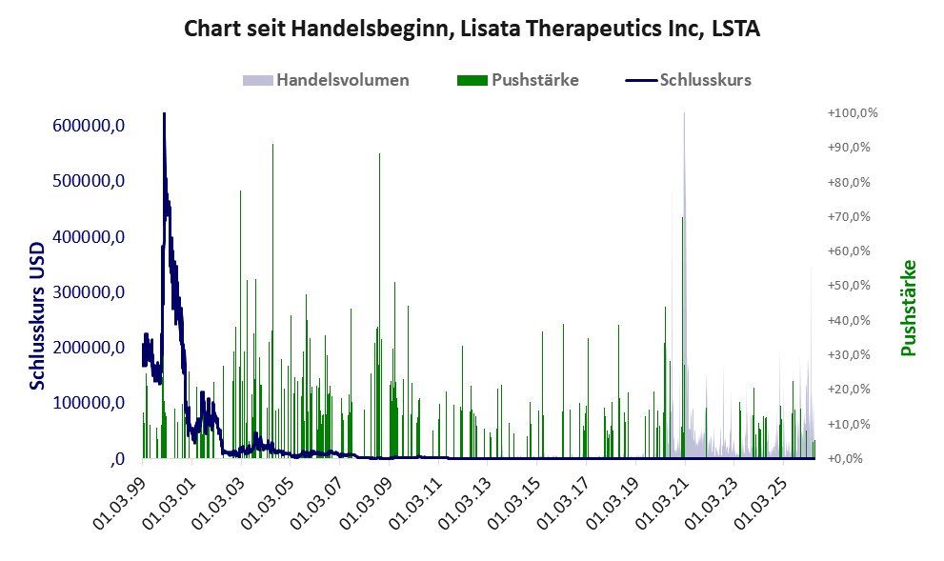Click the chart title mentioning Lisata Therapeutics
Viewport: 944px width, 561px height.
(x=472, y=29)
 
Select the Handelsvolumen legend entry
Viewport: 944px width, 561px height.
(x=326, y=80)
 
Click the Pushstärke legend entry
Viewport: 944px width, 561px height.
(x=518, y=80)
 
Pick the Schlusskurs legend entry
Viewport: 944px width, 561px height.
(x=688, y=80)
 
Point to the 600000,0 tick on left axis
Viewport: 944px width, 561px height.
(x=89, y=125)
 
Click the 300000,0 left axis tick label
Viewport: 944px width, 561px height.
(x=89, y=292)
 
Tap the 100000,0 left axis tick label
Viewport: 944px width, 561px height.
(x=89, y=403)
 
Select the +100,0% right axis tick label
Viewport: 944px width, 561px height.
(x=853, y=113)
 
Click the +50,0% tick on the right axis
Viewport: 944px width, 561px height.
(x=849, y=286)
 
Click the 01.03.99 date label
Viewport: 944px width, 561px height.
(x=120, y=503)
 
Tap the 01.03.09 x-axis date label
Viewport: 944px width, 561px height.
(x=366, y=503)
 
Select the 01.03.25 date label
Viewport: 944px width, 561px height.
(x=760, y=503)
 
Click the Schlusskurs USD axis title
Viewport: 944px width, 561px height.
(x=37, y=315)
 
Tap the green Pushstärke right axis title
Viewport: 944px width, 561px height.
(x=909, y=308)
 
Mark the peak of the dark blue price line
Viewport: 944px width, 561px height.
(x=164, y=113)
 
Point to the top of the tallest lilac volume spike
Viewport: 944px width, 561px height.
(x=684, y=113)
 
